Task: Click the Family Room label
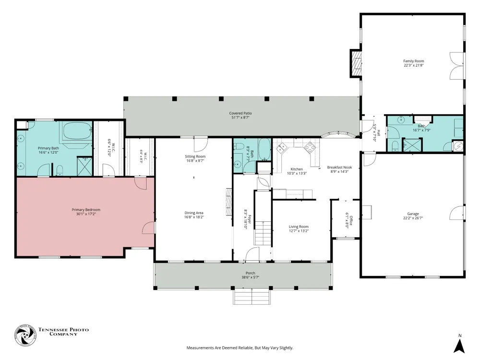coord(413,61)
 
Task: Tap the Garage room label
coord(413,214)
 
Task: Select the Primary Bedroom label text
coord(86,210)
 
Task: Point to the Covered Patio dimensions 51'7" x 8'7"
coord(240,117)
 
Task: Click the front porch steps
coord(252,297)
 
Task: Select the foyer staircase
coord(263,233)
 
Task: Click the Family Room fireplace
coord(356,64)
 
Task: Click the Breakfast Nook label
coord(339,168)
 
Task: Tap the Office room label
coord(351,220)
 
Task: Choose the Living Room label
coord(299,227)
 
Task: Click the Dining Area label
coord(194,213)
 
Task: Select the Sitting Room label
coord(195,156)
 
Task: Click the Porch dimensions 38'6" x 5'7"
coord(251,277)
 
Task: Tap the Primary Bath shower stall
coord(84,166)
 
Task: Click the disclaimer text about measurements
coord(240,348)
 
